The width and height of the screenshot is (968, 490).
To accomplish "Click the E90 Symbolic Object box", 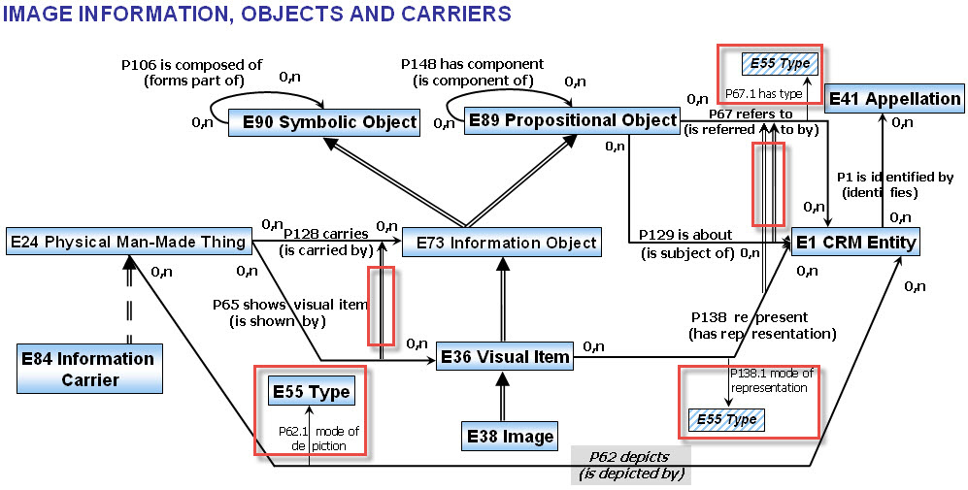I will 323,122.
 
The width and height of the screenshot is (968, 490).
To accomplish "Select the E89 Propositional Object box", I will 572,120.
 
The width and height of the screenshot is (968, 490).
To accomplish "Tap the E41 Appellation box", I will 893,98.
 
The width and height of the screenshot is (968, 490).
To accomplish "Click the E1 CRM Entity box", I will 854,241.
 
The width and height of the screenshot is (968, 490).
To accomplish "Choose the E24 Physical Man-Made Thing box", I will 127,241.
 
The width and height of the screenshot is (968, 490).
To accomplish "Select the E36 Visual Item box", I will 505,356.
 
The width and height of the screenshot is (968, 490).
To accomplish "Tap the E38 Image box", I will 509,436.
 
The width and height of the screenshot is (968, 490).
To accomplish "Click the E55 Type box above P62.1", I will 311,392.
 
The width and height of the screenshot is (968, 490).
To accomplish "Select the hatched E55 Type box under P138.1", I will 727,419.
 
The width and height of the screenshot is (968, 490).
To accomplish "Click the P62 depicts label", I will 632,456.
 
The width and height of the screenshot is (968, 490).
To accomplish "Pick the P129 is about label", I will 687,237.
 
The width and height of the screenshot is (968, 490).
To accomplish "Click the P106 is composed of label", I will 183,64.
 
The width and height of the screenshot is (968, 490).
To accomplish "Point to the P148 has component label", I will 473,64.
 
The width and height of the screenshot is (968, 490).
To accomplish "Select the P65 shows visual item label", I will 290,304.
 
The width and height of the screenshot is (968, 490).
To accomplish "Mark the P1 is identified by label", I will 894,177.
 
